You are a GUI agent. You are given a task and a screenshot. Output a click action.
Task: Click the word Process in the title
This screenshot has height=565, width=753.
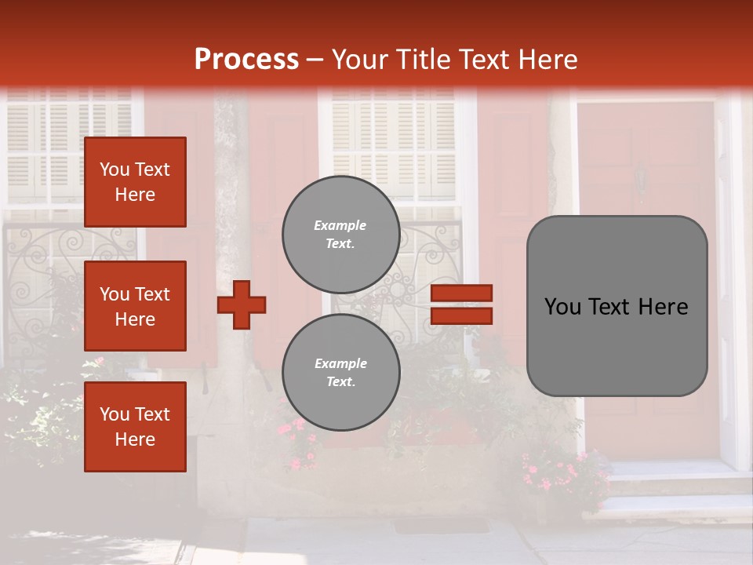click(x=246, y=60)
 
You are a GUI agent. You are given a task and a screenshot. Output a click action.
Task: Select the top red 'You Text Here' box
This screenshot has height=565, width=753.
click(x=135, y=182)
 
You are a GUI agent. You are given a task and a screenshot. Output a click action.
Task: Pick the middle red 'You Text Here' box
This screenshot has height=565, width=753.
click(x=135, y=306)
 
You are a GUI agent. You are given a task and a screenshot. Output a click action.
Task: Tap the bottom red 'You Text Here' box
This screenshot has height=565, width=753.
click(x=135, y=427)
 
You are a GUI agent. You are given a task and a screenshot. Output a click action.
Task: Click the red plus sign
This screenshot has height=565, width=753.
click(x=242, y=304)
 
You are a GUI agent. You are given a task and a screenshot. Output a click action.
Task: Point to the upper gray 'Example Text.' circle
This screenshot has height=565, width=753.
click(x=340, y=234)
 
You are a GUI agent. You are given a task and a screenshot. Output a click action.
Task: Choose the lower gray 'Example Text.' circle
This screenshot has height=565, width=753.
click(x=340, y=372)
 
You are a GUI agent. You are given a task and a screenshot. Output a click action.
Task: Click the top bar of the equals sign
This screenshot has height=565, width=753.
click(x=461, y=293)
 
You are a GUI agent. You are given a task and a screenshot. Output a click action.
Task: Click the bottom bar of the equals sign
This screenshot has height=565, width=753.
click(x=461, y=315)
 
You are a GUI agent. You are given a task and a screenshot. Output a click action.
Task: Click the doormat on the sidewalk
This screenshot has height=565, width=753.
click(x=431, y=525)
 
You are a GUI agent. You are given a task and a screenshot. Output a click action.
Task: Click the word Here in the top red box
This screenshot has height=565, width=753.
click(x=135, y=195)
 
